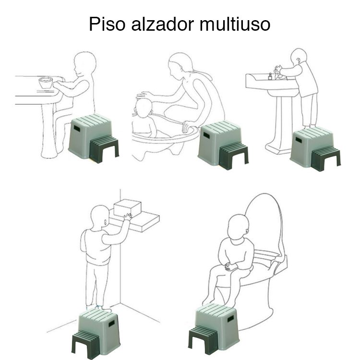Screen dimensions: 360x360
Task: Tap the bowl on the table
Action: [46, 82]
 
